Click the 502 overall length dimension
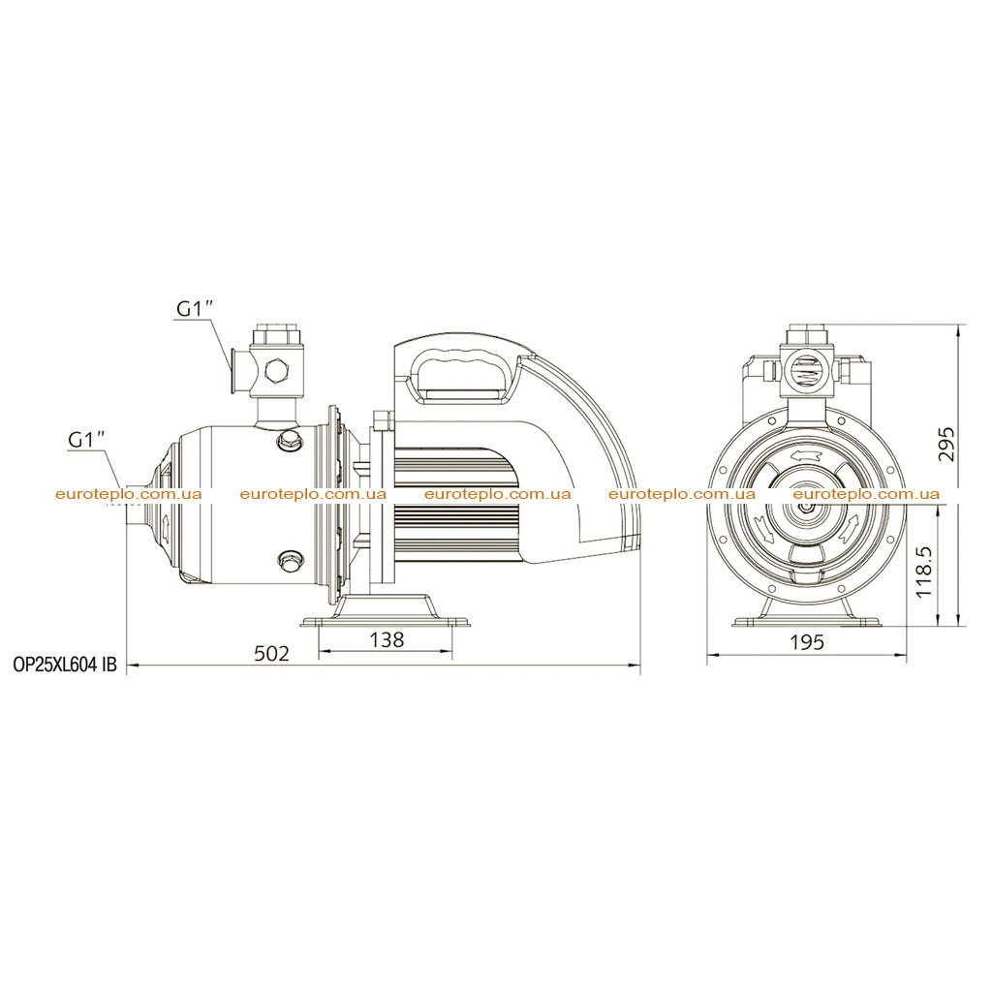(271, 653)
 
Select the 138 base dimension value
(386, 639)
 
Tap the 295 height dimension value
(945, 445)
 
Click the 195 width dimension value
(807, 642)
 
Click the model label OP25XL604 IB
(65, 665)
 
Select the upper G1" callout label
(195, 308)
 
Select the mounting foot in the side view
(386, 610)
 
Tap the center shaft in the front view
(806, 508)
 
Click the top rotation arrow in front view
(806, 456)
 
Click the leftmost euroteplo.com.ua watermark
(129, 494)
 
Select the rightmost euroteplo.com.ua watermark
(866, 494)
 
